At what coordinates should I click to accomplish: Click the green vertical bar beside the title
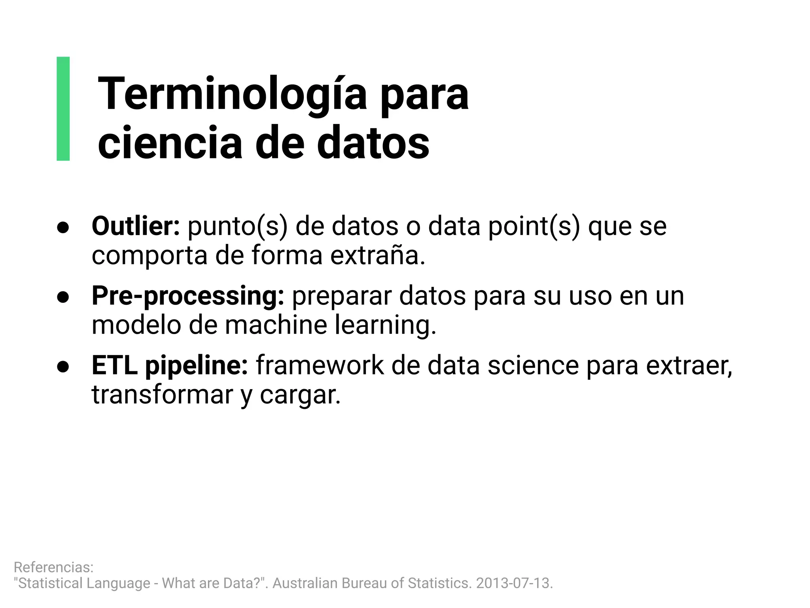click(x=63, y=108)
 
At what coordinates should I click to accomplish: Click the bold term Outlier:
click(x=136, y=226)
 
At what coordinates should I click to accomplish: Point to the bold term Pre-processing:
click(x=188, y=296)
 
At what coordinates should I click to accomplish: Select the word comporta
click(x=150, y=256)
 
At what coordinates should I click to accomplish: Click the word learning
click(x=385, y=325)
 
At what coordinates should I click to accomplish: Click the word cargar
click(x=300, y=395)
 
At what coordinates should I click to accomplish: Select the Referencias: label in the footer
click(x=54, y=567)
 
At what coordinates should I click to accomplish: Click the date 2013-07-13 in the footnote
click(x=513, y=583)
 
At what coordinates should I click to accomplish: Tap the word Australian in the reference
click(x=305, y=583)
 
